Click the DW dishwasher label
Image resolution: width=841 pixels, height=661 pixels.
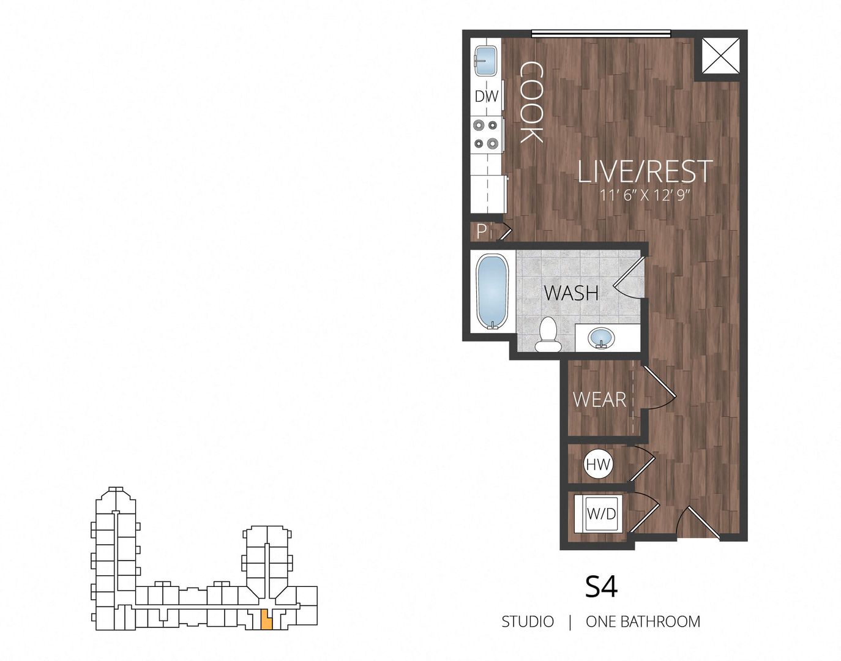tap(487, 96)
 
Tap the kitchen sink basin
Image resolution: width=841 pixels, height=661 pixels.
tap(487, 61)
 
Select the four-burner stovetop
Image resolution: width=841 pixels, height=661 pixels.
tap(487, 135)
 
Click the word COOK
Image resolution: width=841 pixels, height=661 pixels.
tap(531, 102)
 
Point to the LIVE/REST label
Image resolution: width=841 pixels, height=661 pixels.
tap(645, 171)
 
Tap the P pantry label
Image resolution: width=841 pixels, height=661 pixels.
tap(482, 231)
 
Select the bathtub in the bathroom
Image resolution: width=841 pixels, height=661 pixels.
tap(492, 291)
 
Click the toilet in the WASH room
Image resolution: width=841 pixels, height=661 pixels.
tap(548, 335)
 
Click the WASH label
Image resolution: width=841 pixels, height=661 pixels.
tap(571, 293)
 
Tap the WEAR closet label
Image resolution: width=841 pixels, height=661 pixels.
tap(599, 400)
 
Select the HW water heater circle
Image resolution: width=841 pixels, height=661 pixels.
tap(598, 465)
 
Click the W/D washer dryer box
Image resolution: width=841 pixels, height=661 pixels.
tap(600, 513)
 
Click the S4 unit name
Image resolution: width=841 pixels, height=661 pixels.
tap(601, 586)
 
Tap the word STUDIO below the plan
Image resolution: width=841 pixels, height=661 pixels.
tap(528, 622)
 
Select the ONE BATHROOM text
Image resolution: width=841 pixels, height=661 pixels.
tap(643, 622)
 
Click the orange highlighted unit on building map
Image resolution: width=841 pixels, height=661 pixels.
tap(266, 620)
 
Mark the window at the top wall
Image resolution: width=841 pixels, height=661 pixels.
tap(600, 34)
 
